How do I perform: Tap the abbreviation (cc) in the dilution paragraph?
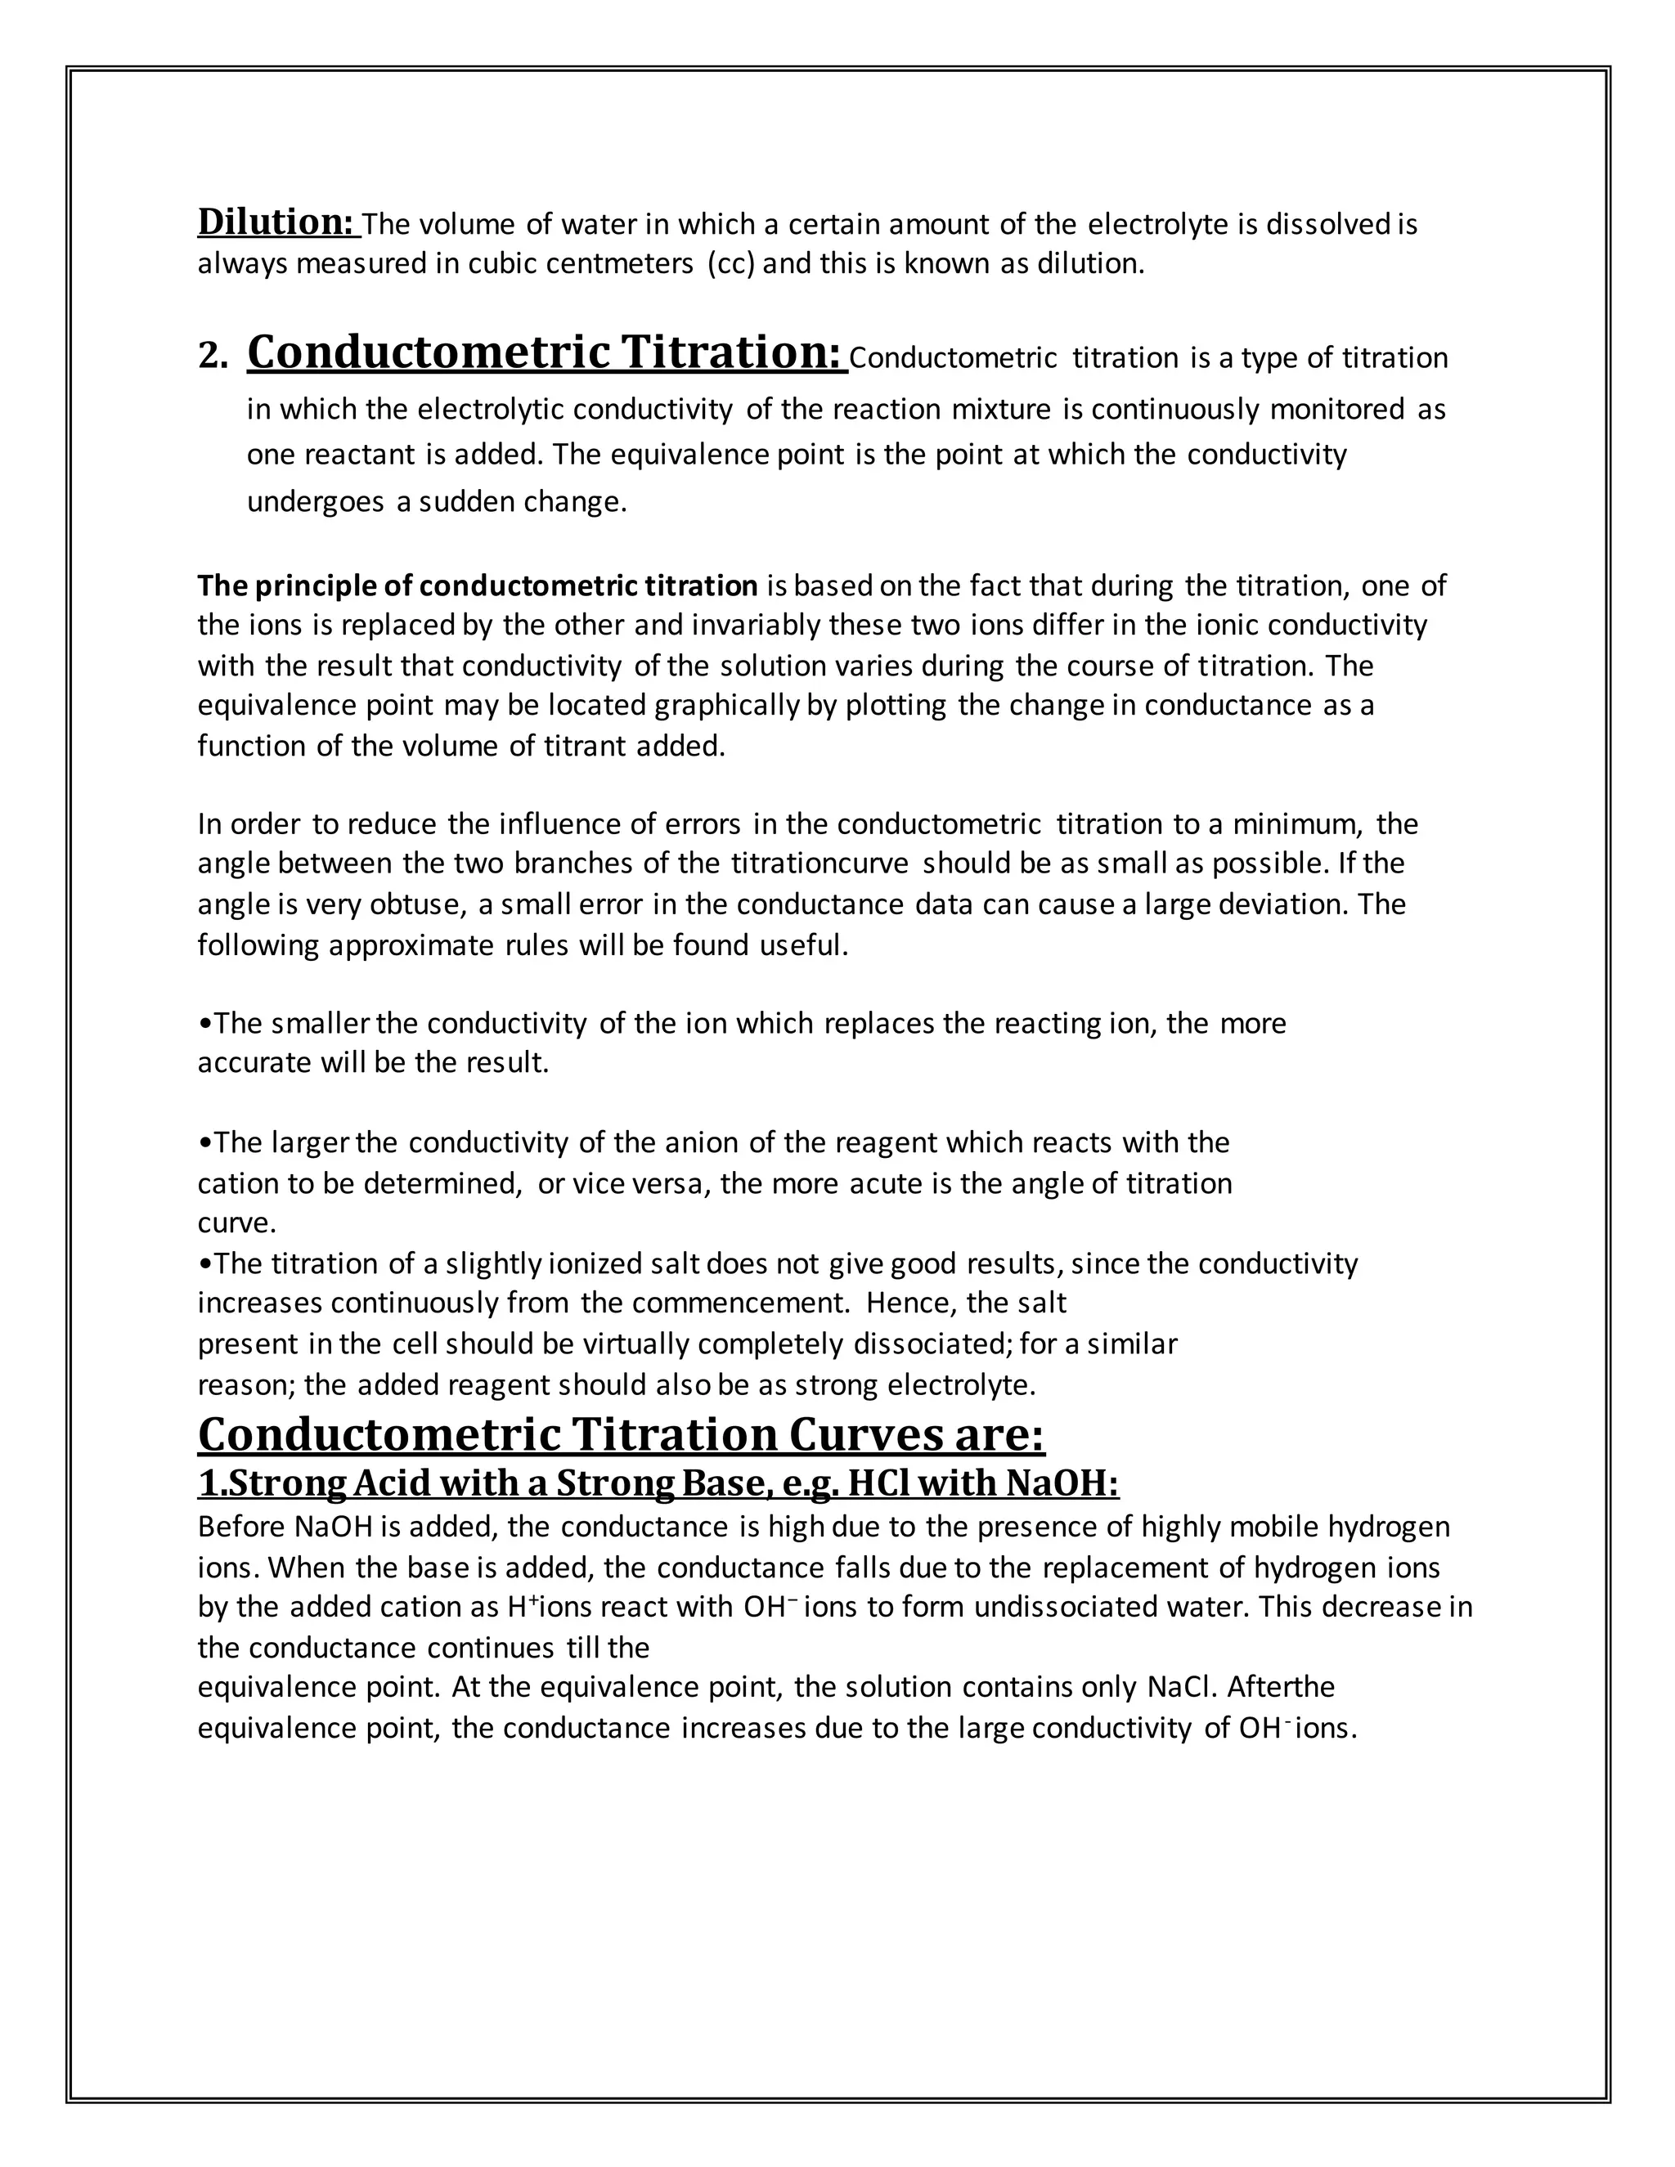click(x=731, y=264)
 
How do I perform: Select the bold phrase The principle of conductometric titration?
click(x=478, y=586)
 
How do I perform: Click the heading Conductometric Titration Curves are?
click(x=622, y=1435)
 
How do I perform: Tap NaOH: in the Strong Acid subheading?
click(x=1062, y=1483)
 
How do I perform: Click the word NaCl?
click(x=1181, y=1687)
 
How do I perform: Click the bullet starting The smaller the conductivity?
click(x=204, y=1024)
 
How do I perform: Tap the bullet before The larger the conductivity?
click(x=204, y=1143)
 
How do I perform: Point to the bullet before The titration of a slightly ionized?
click(x=204, y=1264)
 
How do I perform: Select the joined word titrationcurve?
click(x=820, y=864)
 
